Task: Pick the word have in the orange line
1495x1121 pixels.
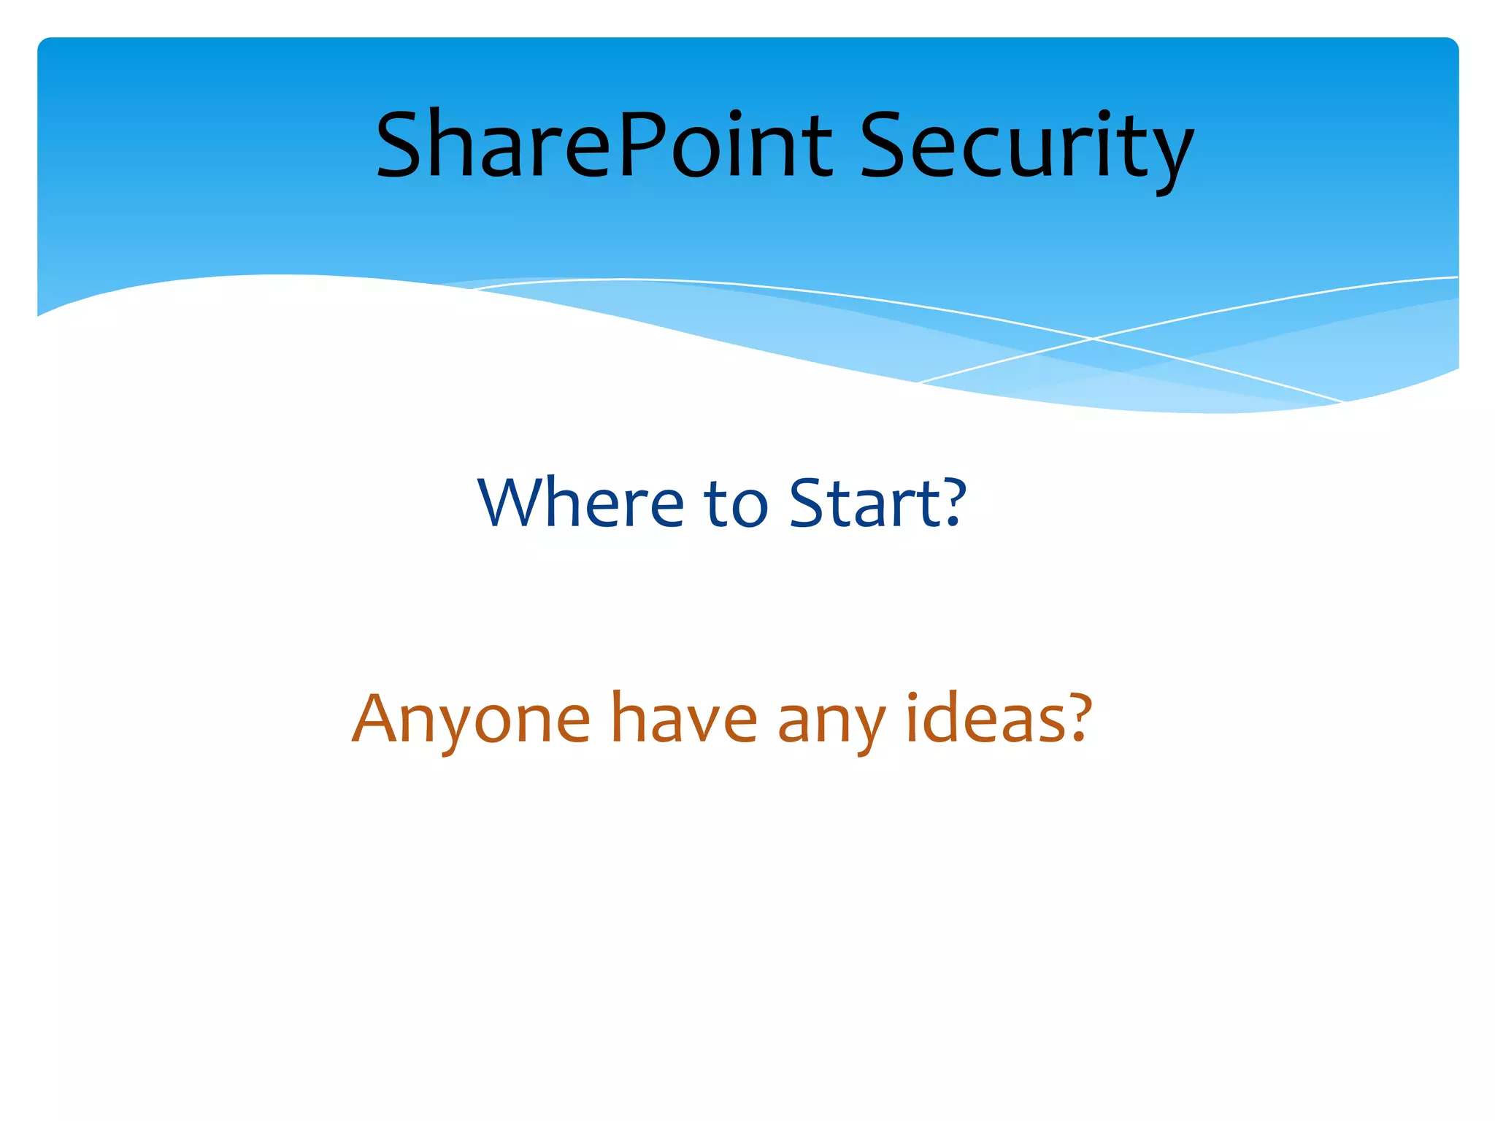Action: point(684,718)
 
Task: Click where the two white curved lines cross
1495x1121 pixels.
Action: point(1093,339)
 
